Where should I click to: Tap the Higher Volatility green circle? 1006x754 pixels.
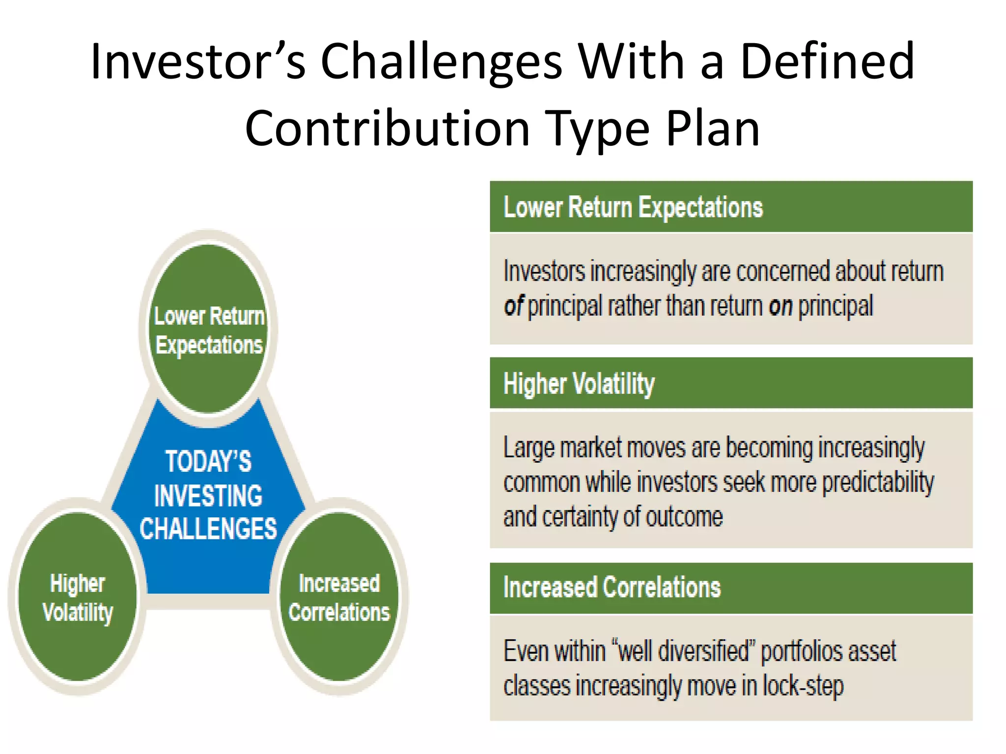[x=78, y=597]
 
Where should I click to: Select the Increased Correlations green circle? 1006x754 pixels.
[x=339, y=597]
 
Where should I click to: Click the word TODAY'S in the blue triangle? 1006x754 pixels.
[x=208, y=461]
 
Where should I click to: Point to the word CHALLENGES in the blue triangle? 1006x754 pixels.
[x=208, y=529]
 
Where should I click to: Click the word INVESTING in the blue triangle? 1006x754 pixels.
[x=208, y=496]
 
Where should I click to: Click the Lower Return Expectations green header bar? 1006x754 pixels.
[x=731, y=207]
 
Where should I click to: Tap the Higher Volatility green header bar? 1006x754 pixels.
[x=731, y=383]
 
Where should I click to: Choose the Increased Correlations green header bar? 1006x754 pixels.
[x=731, y=588]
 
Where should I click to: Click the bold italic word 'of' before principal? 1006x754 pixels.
[x=514, y=306]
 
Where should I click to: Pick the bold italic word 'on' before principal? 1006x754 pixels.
[x=781, y=306]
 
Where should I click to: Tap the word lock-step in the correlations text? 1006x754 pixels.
[x=803, y=686]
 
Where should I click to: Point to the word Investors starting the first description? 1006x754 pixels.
[x=544, y=271]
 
